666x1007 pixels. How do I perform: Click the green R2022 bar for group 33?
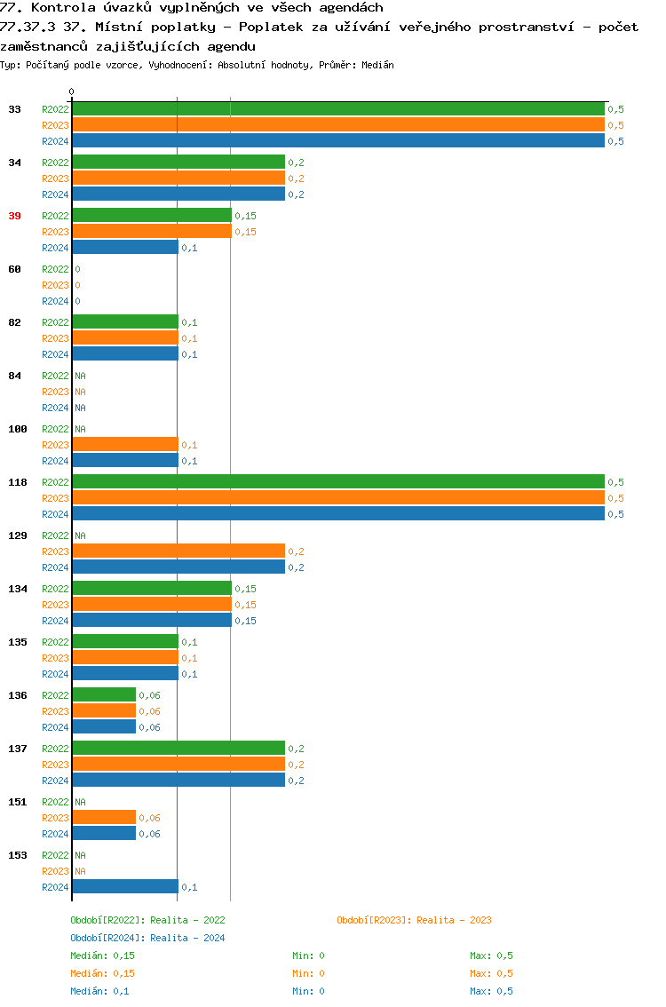pos(337,109)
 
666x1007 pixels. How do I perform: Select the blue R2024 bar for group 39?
pos(124,248)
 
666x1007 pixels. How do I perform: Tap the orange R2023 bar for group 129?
pos(178,551)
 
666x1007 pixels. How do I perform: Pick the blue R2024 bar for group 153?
pos(124,887)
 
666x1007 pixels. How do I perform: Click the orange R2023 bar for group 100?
pos(124,445)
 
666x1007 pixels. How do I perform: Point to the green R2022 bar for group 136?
pos(104,695)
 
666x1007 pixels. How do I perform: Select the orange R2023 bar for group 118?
pos(337,498)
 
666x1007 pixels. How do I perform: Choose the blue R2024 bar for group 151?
pos(104,834)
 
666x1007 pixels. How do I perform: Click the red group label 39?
pos(14,216)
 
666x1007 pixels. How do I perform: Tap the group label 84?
pos(14,376)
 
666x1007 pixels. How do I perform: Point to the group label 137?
pos(18,749)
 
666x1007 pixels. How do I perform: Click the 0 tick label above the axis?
pos(72,91)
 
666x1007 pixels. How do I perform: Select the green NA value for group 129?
pos(80,535)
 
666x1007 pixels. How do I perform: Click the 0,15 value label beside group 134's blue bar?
pos(245,621)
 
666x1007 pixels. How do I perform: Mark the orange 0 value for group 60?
pos(77,285)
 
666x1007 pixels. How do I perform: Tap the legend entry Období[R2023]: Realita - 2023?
pos(414,920)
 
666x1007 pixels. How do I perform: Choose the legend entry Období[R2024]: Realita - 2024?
pos(147,938)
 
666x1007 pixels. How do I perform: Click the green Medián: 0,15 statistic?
pos(102,955)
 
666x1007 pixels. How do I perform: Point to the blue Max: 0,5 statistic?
pos(491,991)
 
